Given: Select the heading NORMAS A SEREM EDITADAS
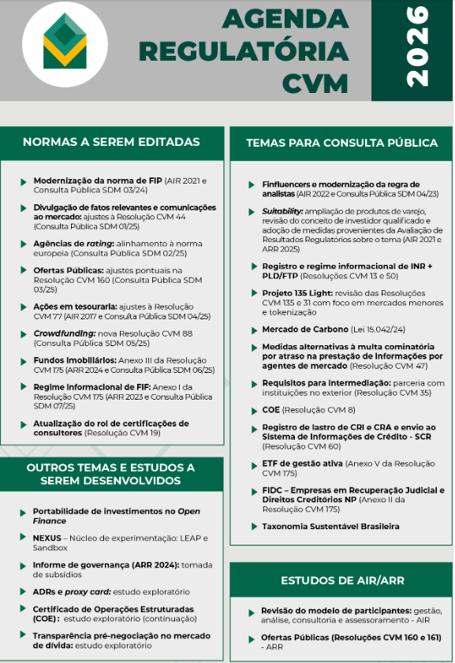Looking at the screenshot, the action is (x=111, y=143).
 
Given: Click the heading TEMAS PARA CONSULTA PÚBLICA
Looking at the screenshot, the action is (x=341, y=143).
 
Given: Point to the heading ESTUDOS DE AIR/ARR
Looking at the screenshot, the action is (x=341, y=581).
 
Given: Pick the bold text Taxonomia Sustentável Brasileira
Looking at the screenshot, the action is (x=331, y=526).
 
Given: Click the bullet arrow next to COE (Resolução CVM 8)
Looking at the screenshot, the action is (x=254, y=411).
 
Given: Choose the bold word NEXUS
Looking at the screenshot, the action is (x=47, y=538).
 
